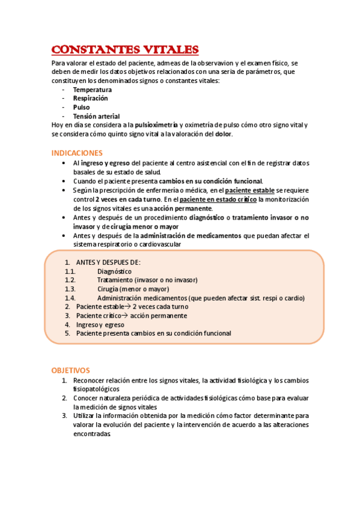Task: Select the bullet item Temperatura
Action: [93, 90]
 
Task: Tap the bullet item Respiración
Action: [91, 98]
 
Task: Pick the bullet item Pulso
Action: [82, 107]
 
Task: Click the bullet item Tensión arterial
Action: [96, 116]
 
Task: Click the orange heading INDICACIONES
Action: [77, 153]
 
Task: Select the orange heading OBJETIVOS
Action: [70, 370]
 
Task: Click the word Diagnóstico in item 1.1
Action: [114, 271]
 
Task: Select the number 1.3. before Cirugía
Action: [70, 289]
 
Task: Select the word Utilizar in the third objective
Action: [85, 416]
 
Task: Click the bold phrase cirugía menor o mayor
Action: [157, 226]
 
